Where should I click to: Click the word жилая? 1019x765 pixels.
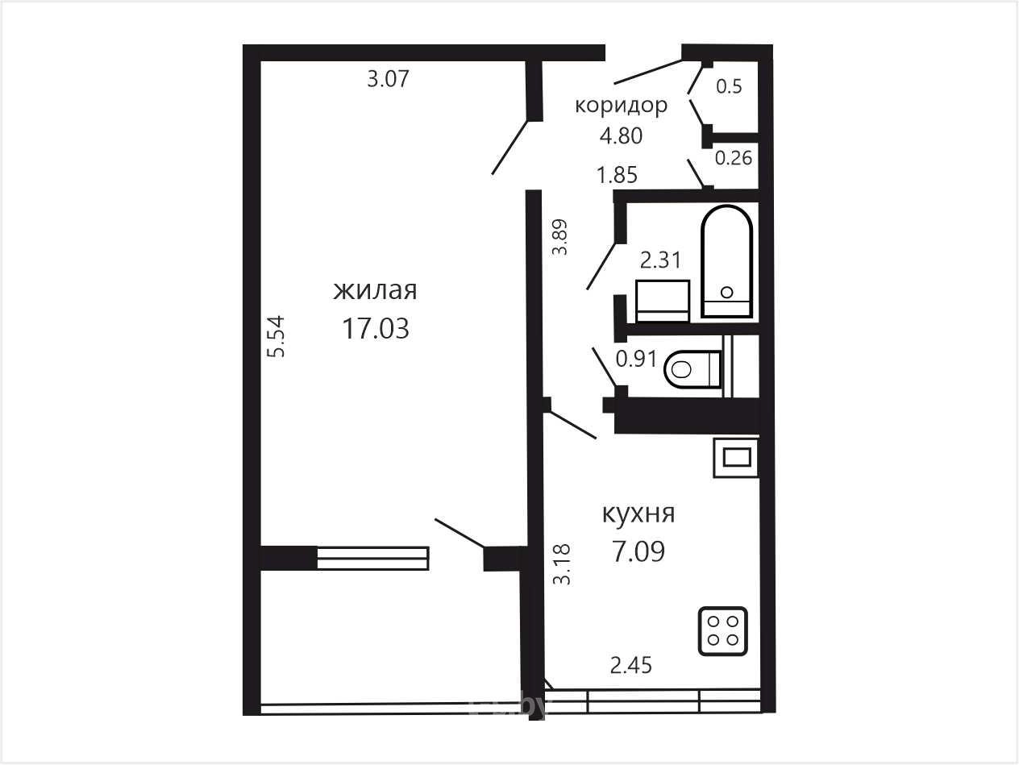coord(375,291)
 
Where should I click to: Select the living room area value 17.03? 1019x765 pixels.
coord(376,329)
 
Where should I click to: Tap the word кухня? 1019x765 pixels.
coord(638,514)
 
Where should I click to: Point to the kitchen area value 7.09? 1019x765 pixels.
coord(638,551)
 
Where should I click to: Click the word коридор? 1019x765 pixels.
coord(621,106)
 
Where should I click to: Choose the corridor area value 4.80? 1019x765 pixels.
coord(621,136)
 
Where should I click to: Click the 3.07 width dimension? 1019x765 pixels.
coord(388,79)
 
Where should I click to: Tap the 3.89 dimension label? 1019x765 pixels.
coord(559,237)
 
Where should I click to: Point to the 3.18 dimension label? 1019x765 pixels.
coord(562,564)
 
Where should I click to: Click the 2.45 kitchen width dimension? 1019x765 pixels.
coord(631,666)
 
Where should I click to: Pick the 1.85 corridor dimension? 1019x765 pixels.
coord(617,176)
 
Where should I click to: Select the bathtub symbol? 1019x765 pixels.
coord(727,262)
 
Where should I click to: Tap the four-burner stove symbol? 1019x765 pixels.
coord(723,631)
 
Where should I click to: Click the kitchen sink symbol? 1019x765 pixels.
coord(737,458)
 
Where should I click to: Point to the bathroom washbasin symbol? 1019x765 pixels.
coord(663,301)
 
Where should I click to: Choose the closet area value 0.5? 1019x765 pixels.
coord(729,87)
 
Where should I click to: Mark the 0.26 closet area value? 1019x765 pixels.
coord(734,158)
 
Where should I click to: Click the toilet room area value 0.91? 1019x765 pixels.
coord(636,359)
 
